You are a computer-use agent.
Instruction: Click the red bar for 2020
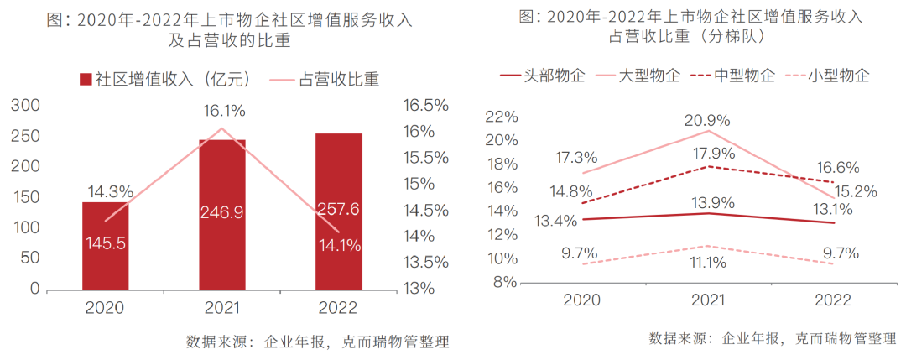pos(105,245)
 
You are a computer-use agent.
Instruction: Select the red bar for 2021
pos(222,214)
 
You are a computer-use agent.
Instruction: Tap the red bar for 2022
pos(338,211)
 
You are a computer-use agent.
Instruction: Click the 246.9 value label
pos(222,213)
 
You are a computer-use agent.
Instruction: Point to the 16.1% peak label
pos(223,110)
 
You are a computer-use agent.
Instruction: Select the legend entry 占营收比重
pos(325,80)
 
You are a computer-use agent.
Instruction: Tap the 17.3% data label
pos(576,157)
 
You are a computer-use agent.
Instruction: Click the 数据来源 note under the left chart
pos(317,342)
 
